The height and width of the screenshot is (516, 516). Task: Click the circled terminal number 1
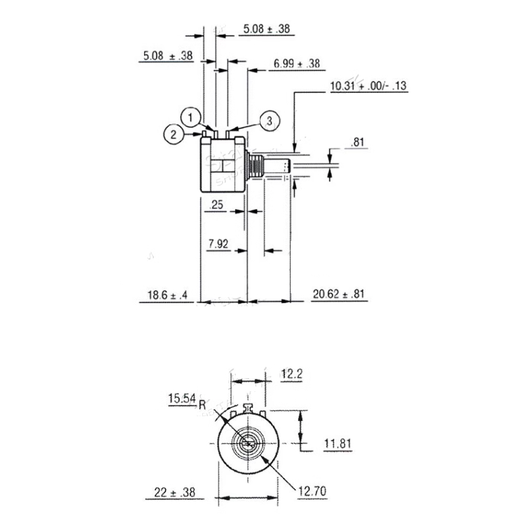click(192, 115)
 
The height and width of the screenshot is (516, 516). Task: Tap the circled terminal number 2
click(174, 133)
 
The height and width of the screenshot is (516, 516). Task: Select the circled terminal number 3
click(268, 122)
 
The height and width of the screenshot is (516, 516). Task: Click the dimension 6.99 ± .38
click(296, 64)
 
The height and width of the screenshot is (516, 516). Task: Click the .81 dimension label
click(357, 143)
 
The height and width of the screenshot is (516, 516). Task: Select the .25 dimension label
click(217, 205)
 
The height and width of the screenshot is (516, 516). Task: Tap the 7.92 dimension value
click(218, 244)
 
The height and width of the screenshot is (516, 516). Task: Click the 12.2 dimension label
click(292, 374)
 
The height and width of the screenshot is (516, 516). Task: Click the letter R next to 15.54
click(202, 404)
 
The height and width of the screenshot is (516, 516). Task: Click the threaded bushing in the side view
click(255, 167)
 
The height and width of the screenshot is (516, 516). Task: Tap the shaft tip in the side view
click(285, 167)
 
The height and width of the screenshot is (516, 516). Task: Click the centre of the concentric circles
click(246, 443)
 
